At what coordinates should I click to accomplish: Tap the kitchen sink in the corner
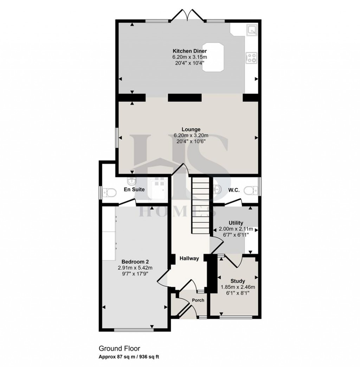click(x=252, y=30)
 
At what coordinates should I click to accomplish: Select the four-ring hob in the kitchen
click(x=252, y=57)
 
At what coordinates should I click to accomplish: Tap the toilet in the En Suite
click(x=111, y=192)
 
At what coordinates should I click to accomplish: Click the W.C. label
click(x=234, y=190)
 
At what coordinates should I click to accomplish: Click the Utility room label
click(x=236, y=223)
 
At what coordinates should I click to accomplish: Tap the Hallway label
click(x=189, y=258)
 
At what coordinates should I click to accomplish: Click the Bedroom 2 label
click(x=135, y=262)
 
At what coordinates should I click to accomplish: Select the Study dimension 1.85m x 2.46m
click(x=238, y=287)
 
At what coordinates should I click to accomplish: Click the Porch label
click(x=198, y=300)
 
